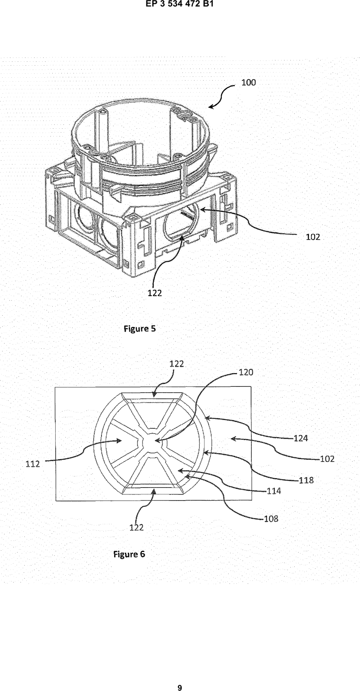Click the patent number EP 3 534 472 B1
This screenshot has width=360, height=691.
[180, 5]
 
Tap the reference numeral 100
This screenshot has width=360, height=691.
[248, 82]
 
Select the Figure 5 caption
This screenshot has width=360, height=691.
[140, 329]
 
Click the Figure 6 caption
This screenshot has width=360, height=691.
[129, 555]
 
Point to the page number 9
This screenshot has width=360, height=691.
[180, 685]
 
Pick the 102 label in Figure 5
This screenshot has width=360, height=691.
[313, 237]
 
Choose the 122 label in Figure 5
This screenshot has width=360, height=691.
[155, 293]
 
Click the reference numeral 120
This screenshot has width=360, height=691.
[246, 372]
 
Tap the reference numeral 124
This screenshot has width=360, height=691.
[301, 438]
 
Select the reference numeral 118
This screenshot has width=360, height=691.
[306, 480]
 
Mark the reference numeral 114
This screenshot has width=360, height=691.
[274, 491]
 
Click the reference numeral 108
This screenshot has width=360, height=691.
[271, 519]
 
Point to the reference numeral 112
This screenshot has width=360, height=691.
[33, 464]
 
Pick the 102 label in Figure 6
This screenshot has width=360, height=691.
[327, 459]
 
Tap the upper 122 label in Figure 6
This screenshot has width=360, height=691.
[177, 364]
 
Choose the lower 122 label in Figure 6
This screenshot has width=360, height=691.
[137, 527]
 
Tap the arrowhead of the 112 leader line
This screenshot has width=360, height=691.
[119, 441]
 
